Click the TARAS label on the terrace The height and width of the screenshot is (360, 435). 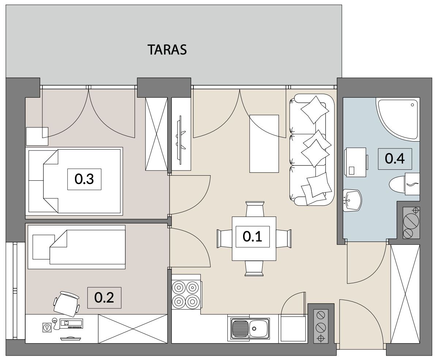167,50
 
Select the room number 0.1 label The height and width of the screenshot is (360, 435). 253,236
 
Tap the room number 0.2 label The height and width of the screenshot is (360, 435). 104,298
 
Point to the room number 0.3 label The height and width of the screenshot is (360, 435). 84,179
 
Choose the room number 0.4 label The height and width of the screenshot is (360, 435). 395,158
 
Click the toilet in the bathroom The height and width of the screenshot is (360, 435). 405,184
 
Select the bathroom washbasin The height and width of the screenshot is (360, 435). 352,200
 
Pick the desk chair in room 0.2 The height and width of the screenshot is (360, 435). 67,304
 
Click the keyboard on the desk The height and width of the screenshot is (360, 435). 71,324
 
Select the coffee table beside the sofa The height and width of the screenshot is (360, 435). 264,144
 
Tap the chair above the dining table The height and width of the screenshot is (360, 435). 254,209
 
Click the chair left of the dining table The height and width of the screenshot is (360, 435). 224,238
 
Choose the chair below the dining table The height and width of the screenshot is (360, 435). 254,269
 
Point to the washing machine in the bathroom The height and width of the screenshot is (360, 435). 356,162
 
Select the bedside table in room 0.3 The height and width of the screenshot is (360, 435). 37,136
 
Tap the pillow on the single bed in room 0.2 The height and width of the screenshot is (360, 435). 43,247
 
